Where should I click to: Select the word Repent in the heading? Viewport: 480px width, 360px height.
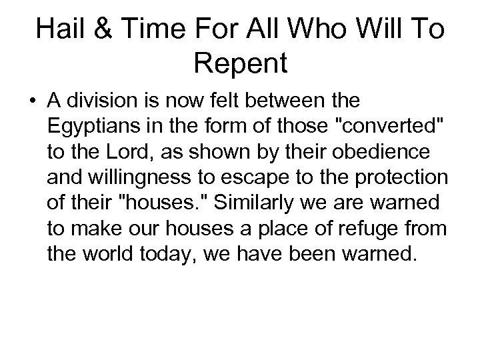[x=240, y=64]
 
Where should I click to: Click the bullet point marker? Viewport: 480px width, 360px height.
[x=31, y=104]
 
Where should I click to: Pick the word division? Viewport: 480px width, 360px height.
[x=100, y=103]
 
